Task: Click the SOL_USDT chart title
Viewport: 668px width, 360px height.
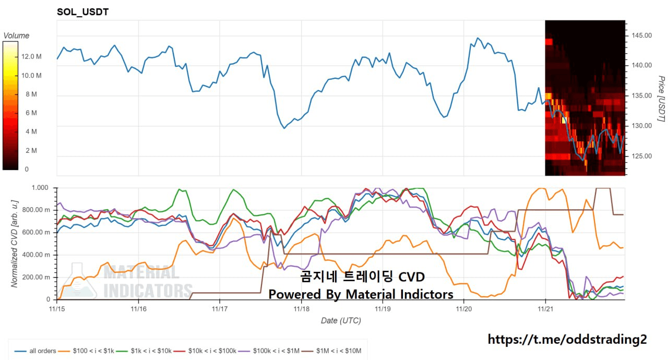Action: pos(82,11)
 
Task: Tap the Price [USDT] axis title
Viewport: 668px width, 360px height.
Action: pos(660,99)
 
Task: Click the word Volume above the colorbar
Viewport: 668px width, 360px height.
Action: pos(16,35)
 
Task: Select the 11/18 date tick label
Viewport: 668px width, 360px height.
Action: pos(301,309)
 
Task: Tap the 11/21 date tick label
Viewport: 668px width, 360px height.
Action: pos(545,309)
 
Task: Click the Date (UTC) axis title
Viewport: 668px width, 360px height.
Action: pos(340,320)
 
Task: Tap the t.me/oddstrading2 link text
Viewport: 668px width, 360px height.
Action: pos(567,340)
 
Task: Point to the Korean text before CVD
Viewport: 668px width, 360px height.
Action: pos(345,276)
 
